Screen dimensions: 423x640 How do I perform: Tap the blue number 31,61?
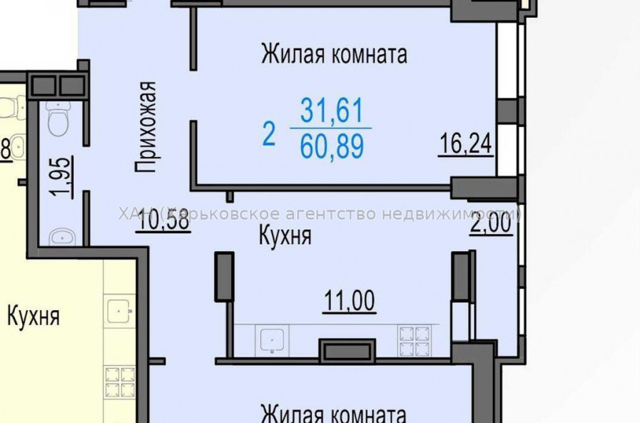click(331, 111)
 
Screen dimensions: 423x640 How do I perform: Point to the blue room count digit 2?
click(269, 133)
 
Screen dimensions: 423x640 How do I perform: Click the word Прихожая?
click(146, 127)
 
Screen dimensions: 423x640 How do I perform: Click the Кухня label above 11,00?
click(285, 236)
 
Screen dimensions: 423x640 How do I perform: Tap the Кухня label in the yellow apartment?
click(34, 316)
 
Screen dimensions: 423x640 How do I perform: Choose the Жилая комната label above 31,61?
click(334, 53)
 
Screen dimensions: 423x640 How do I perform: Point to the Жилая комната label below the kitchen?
click(334, 414)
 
